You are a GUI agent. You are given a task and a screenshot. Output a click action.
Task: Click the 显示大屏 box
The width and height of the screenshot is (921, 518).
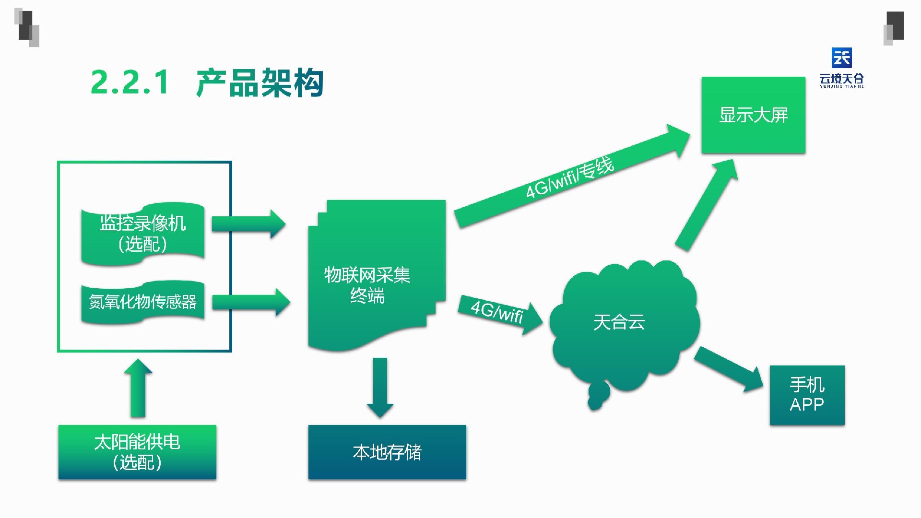[753, 115]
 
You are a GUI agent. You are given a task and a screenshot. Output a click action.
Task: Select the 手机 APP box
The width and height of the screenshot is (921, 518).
[807, 395]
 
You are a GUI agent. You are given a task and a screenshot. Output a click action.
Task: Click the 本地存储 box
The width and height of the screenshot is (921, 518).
[387, 452]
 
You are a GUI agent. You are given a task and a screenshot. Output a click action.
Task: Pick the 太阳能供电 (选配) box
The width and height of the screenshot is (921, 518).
[137, 452]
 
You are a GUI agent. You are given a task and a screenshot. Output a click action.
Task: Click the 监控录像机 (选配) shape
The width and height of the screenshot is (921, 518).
[143, 234]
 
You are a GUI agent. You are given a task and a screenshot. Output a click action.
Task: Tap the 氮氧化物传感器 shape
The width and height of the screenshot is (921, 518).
[143, 302]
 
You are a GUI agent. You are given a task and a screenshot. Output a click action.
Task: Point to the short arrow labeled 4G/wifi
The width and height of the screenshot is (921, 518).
[499, 314]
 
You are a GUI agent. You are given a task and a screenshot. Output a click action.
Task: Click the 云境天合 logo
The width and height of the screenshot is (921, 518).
[841, 68]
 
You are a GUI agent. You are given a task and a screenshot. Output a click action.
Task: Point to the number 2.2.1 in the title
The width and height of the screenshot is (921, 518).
[130, 82]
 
